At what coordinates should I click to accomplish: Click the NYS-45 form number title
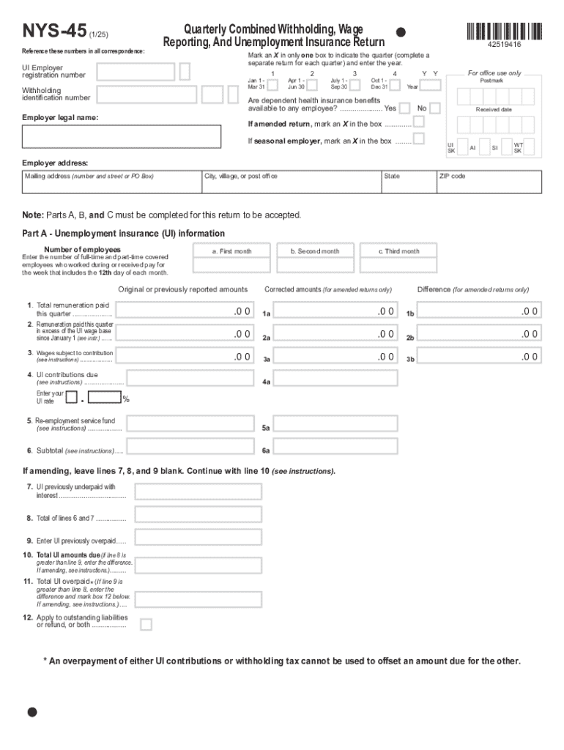click(x=53, y=31)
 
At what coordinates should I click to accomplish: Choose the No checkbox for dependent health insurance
click(x=434, y=108)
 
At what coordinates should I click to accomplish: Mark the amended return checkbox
click(x=418, y=122)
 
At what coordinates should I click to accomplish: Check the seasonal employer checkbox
click(x=418, y=139)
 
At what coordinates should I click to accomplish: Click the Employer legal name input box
click(x=122, y=136)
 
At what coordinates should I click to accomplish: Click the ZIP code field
click(x=489, y=182)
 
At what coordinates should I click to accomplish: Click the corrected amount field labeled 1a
click(x=337, y=311)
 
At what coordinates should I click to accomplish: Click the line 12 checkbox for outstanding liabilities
click(x=146, y=625)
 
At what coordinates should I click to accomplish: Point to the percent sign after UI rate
click(x=126, y=399)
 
